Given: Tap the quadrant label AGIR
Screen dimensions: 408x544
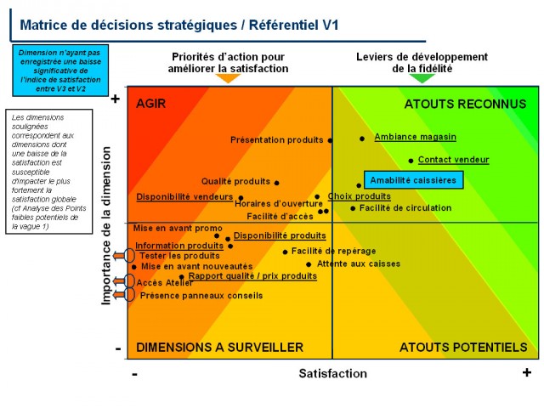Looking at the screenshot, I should (x=150, y=105).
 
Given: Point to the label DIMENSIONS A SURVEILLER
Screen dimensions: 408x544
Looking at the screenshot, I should (x=219, y=348).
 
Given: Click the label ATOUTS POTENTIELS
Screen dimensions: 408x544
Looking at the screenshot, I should (x=463, y=348).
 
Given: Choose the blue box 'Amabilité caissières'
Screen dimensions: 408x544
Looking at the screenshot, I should (x=414, y=180).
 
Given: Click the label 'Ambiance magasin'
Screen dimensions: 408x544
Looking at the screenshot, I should (x=415, y=137).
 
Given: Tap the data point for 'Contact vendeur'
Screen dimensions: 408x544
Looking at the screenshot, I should (x=411, y=160).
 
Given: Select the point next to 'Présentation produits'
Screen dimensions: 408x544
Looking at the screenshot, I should (x=331, y=140).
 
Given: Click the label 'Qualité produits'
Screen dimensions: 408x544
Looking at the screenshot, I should (x=235, y=181).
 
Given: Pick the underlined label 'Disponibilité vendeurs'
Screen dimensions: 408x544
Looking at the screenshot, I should (x=184, y=197).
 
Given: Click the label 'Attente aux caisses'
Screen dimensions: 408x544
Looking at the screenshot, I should (x=358, y=263).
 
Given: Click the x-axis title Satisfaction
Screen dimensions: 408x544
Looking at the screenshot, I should (x=332, y=373).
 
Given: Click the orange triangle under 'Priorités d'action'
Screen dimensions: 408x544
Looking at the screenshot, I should (x=228, y=78).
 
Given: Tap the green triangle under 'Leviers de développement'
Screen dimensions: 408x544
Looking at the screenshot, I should (x=422, y=78).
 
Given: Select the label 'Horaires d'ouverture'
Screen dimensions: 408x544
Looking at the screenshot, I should (x=279, y=204).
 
